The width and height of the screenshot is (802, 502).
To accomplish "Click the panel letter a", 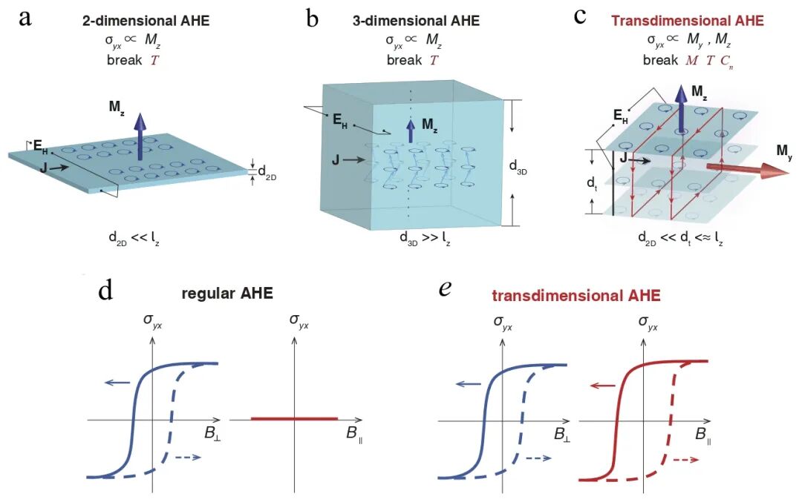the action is click(25, 18).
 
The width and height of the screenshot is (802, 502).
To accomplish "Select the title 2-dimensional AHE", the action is click(146, 21).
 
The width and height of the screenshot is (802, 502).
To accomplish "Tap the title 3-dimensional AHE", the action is click(416, 21).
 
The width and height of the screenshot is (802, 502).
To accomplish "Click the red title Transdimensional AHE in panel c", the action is click(687, 21).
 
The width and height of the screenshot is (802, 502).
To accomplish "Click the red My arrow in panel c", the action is click(748, 169).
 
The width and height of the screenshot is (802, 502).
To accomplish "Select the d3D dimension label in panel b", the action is click(518, 167).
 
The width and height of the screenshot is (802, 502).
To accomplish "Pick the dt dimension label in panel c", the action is click(593, 183).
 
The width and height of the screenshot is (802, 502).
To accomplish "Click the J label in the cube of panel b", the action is click(336, 160).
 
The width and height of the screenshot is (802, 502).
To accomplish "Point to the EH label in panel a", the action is click(40, 147).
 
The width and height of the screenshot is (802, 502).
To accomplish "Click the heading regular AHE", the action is click(227, 293).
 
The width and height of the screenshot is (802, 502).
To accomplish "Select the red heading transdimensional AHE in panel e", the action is click(576, 295).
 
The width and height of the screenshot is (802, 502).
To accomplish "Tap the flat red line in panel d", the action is click(294, 419).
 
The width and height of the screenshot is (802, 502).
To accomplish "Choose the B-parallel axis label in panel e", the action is click(704, 435).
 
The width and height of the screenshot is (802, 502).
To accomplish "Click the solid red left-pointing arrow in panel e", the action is click(602, 386).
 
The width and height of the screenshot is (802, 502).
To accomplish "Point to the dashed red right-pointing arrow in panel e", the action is click(686, 460).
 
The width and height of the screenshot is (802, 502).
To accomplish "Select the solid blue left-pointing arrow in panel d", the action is click(116, 382).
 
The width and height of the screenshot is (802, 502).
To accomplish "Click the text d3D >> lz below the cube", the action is click(426, 239).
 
